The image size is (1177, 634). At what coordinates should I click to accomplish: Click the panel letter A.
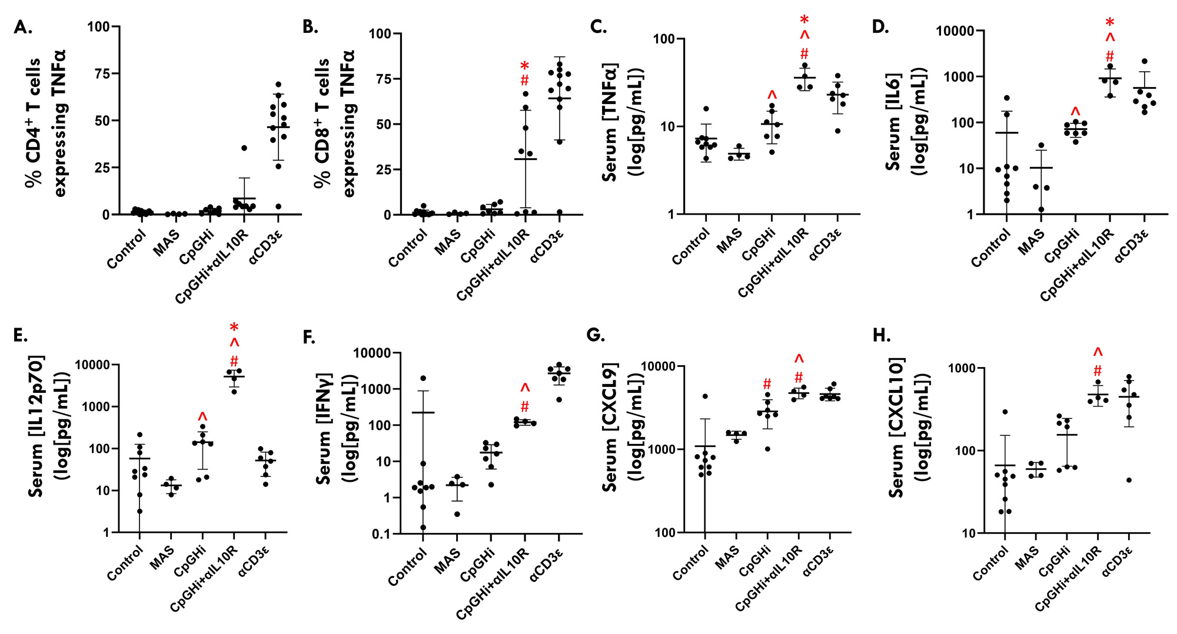pos(22,28)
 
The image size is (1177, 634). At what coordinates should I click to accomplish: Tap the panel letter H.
pos(882,336)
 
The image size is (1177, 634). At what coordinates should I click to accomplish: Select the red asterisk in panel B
pos(524,66)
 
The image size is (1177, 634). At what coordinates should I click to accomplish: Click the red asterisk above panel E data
pos(234,328)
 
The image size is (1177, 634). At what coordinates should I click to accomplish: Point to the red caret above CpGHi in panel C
pos(772,95)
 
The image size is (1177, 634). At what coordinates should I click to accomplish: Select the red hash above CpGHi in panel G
pos(767,385)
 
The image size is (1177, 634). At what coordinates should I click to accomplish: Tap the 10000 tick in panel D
pos(955,31)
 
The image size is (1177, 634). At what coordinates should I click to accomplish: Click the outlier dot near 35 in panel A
pos(244,148)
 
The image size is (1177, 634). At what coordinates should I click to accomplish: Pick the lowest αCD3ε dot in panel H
pos(1129,480)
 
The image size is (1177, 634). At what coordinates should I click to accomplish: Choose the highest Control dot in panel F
pos(423,378)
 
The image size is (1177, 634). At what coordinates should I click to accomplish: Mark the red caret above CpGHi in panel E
pos(202,417)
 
